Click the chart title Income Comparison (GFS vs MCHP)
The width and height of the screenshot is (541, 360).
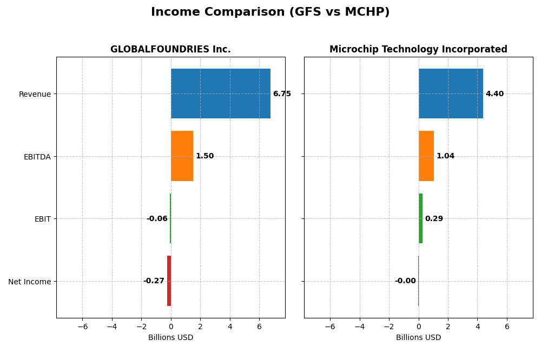coord(270,12)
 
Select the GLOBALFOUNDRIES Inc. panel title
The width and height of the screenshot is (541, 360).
coord(170,49)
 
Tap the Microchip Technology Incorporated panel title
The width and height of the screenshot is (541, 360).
coord(418,49)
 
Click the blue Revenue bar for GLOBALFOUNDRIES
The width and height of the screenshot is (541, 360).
coord(220,94)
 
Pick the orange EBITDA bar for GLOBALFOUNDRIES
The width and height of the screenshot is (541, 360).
coord(182,156)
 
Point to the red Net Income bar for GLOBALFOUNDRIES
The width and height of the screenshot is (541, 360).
coord(169,281)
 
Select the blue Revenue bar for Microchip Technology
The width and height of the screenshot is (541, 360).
coord(451,94)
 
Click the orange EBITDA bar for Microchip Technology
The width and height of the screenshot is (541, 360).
coord(426,156)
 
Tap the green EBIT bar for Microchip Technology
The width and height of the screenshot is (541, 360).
coord(420,218)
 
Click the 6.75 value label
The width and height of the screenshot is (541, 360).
coord(282,94)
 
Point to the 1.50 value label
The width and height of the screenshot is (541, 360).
coord(204,156)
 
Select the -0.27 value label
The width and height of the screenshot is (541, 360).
coord(154,281)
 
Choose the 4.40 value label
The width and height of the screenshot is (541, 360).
coord(494,94)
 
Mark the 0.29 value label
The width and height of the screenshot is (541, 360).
coord(434,219)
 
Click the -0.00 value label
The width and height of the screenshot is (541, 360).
coord(405,281)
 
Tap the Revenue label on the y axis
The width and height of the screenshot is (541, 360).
coord(35,94)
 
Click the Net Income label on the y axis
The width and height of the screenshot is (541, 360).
coord(30,282)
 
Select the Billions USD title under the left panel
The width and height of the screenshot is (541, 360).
coord(170,338)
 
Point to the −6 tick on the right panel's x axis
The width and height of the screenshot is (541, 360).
coord(330,326)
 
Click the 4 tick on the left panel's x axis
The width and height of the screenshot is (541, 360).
coord(230,326)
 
